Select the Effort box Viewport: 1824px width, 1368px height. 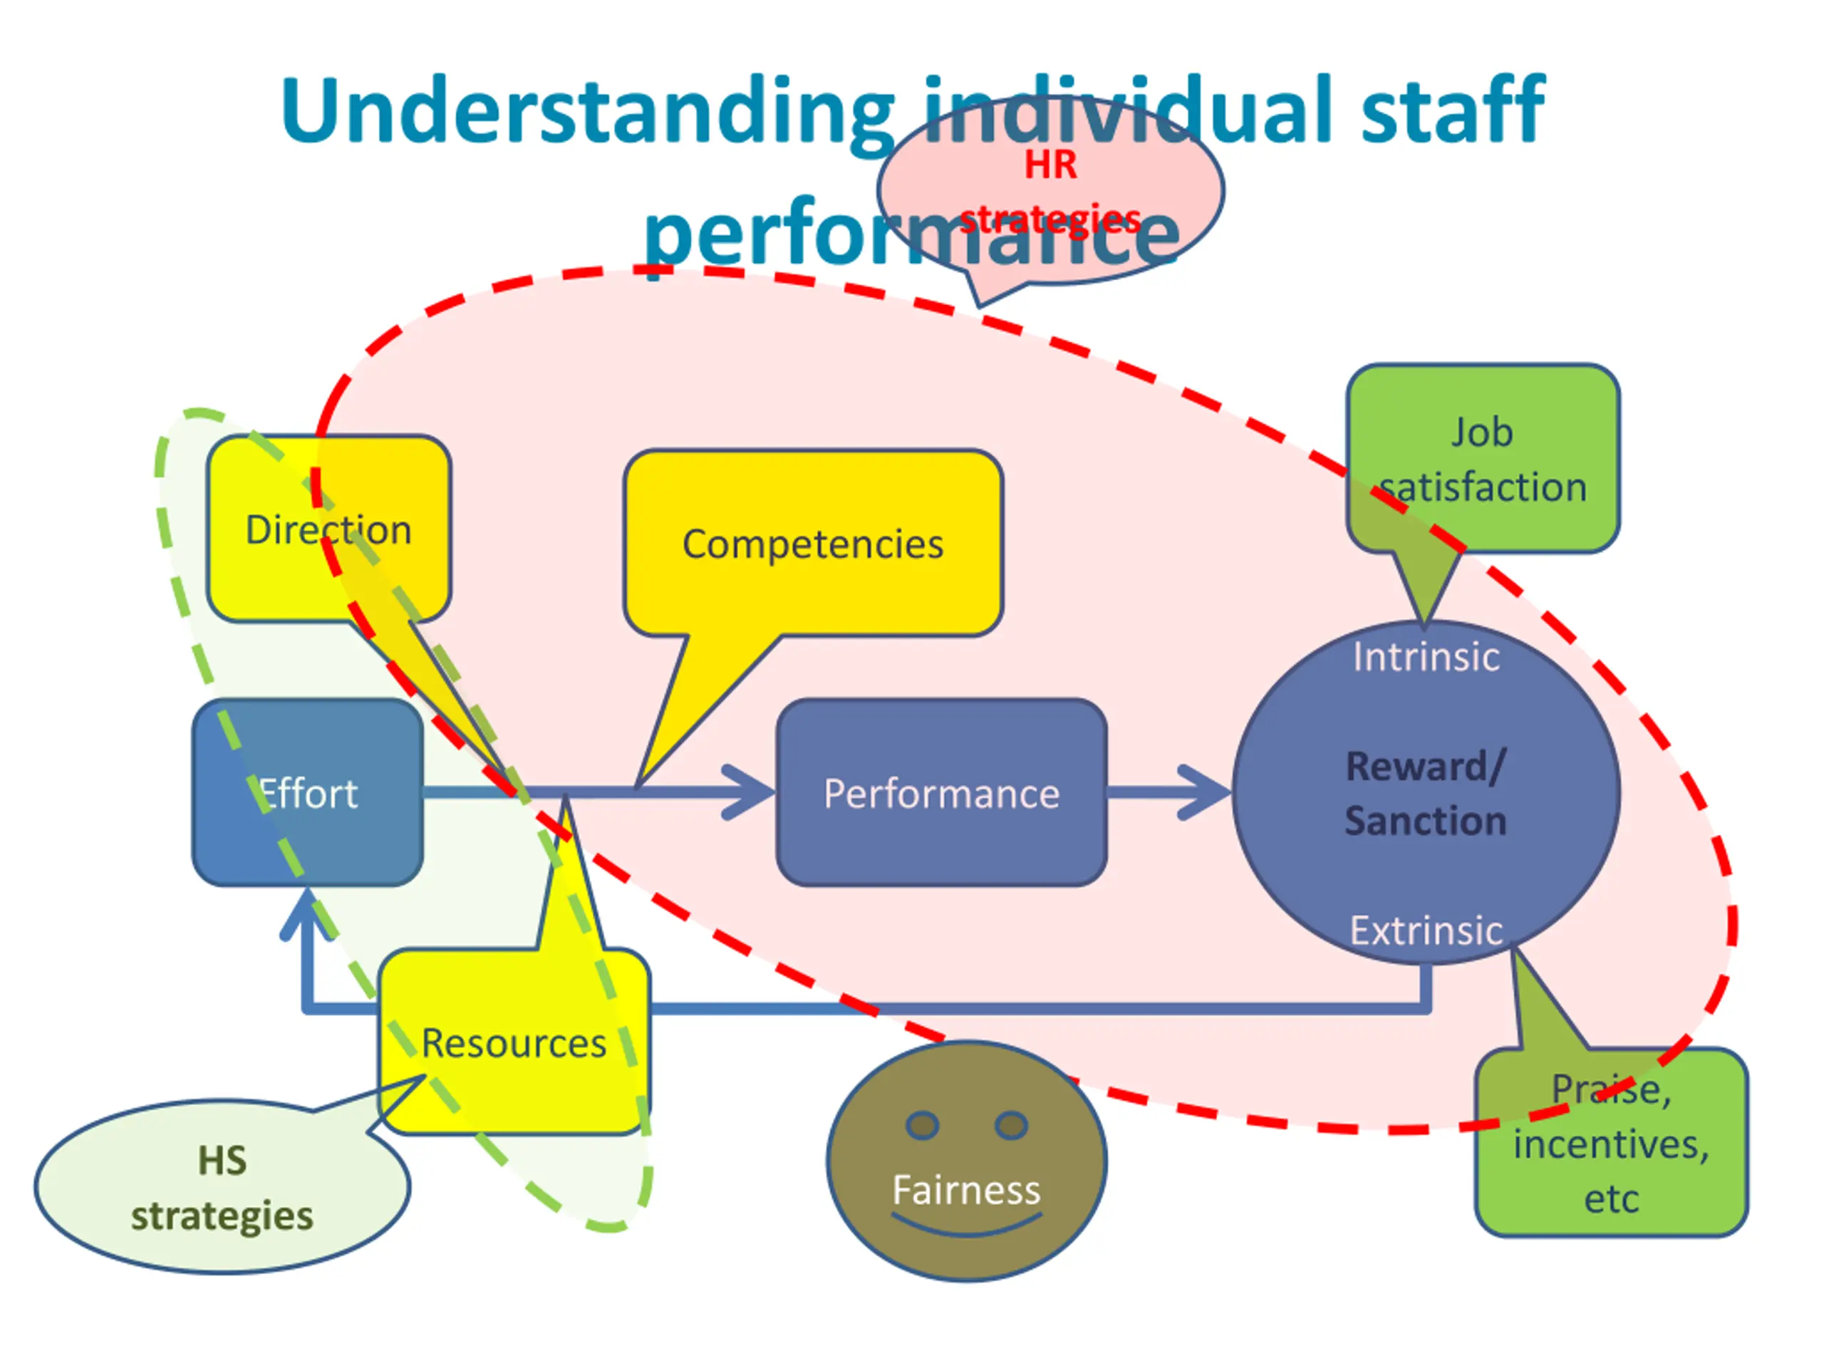click(x=308, y=792)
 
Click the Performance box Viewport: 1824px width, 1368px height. click(x=941, y=792)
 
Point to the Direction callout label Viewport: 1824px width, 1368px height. click(x=328, y=529)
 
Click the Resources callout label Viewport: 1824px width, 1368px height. click(x=514, y=1043)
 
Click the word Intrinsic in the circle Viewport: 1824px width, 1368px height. click(x=1426, y=657)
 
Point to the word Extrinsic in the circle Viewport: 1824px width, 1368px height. click(x=1426, y=930)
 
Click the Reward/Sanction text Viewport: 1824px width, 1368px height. click(x=1426, y=793)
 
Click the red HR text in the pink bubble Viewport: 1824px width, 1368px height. click(x=1050, y=165)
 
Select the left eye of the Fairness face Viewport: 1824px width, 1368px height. click(x=922, y=1125)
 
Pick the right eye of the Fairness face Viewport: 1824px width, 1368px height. click(x=1011, y=1125)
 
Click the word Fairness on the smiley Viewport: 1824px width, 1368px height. click(x=966, y=1191)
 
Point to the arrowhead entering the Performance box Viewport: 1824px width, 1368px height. click(x=749, y=792)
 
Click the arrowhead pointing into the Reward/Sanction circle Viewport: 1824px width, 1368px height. click(x=1205, y=792)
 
